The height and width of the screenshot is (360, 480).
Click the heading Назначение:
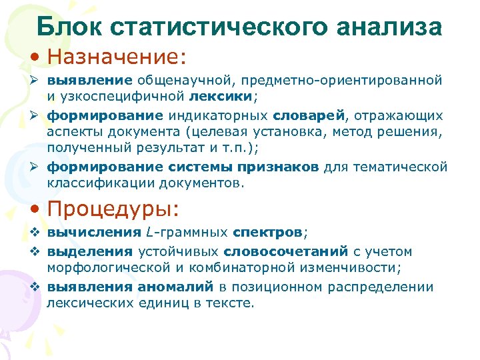tap(117, 57)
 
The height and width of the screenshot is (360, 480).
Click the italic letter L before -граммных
tap(147, 233)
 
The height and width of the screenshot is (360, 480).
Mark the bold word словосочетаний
tap(286, 251)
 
